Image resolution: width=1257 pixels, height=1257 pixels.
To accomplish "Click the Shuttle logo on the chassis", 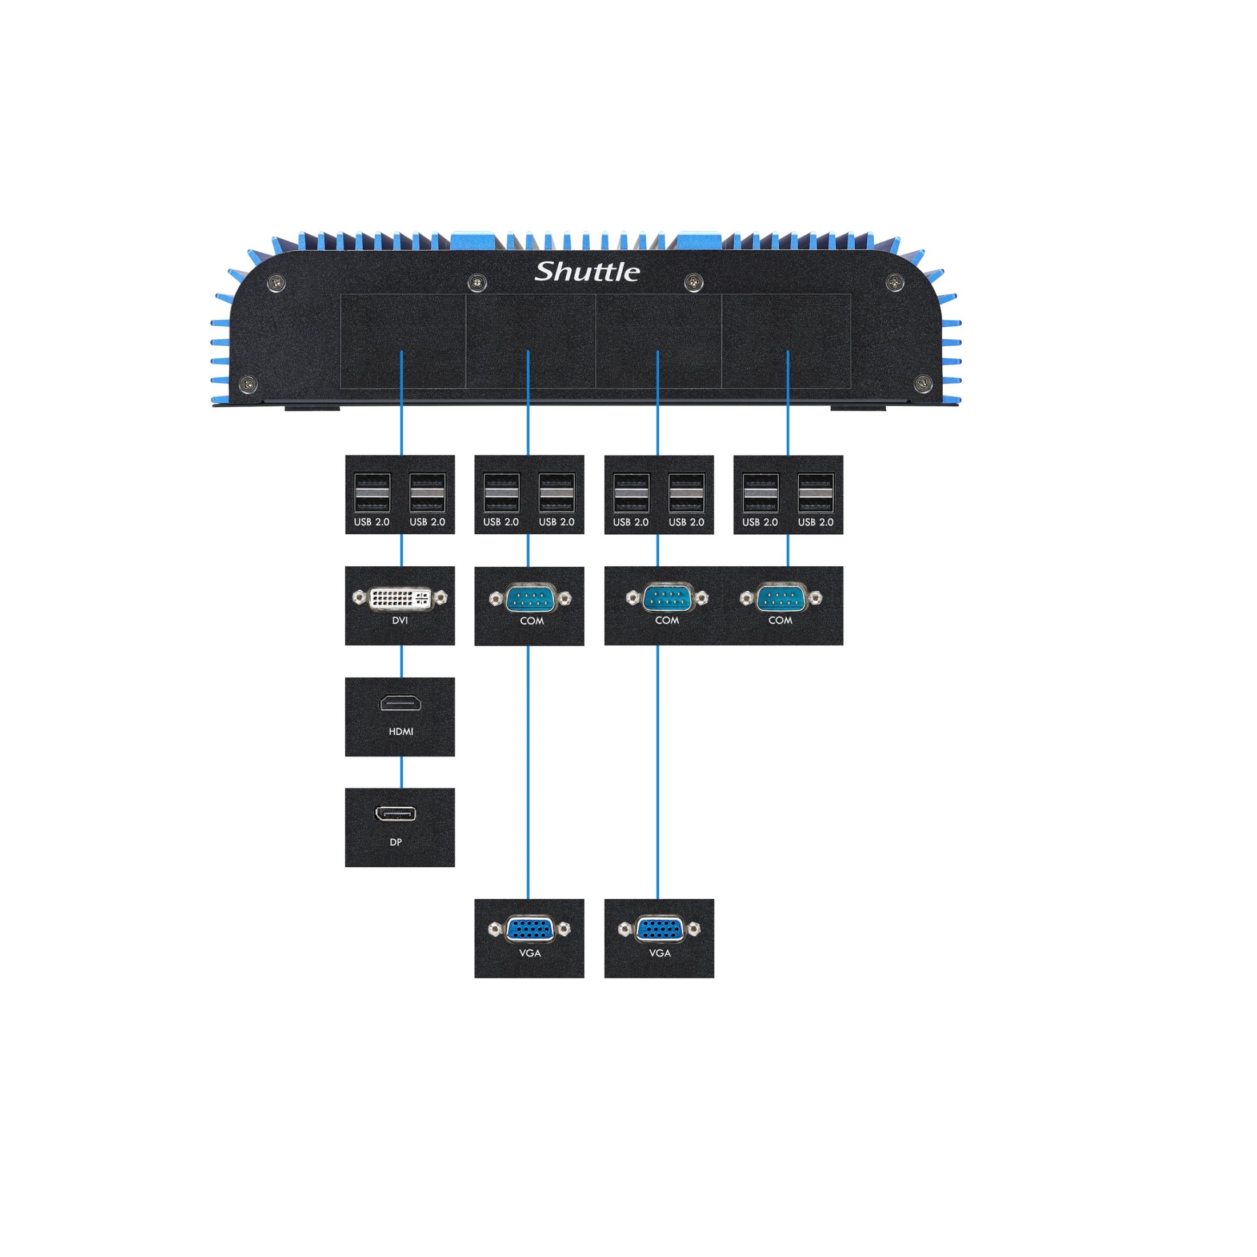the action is click(x=587, y=271).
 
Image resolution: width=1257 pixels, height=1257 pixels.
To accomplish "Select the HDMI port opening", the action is click(x=400, y=703).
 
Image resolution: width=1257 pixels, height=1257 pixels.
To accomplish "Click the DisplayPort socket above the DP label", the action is click(x=395, y=813).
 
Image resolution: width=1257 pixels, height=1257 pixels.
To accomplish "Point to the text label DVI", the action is click(x=400, y=621).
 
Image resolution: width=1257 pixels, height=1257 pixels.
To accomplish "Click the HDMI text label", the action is click(x=401, y=731).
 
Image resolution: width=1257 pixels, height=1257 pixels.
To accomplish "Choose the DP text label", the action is click(x=395, y=842).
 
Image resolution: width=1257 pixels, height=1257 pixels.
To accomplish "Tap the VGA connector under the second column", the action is click(x=530, y=929).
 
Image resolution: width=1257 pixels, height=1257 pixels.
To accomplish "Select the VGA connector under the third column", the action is click(x=659, y=929).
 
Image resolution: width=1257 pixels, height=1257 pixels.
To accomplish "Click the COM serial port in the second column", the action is click(x=530, y=598).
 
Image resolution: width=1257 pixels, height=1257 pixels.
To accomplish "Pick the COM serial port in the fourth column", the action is click(x=780, y=598).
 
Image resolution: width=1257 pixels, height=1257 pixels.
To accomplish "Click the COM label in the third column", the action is click(x=667, y=621).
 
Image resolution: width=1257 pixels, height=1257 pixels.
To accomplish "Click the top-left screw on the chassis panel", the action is click(x=277, y=283).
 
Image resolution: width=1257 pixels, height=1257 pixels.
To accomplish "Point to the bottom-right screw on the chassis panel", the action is click(x=923, y=383).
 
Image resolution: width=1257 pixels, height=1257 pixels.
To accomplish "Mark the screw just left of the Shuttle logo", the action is click(x=478, y=283).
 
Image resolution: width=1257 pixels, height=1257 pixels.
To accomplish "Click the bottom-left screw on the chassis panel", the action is click(x=249, y=383).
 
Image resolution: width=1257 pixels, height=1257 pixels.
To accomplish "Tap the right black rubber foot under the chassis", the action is click(x=858, y=408).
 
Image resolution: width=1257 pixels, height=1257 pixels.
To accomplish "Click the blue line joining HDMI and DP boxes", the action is click(x=401, y=772).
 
